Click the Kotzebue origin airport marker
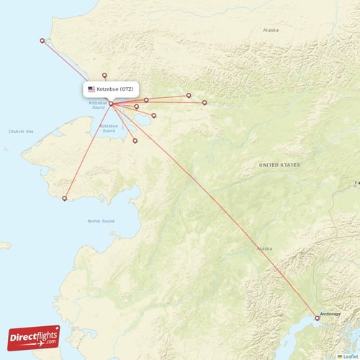(x=111, y=104)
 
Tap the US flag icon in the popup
(x=91, y=89)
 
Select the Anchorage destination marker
(x=318, y=317)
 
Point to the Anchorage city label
(x=330, y=315)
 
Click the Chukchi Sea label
(x=21, y=132)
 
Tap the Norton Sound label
(x=100, y=221)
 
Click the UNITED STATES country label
(x=279, y=165)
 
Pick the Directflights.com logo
(x=34, y=336)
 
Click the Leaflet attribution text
(x=350, y=356)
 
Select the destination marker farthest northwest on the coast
(x=42, y=40)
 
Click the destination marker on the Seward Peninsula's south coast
(x=65, y=199)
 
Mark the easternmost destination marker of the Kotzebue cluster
(x=204, y=102)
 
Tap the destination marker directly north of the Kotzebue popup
(x=104, y=75)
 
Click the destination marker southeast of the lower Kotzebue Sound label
(x=135, y=140)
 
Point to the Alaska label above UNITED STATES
(x=270, y=30)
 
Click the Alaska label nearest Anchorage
(x=264, y=248)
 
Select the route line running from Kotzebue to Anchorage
(x=216, y=212)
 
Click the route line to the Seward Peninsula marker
(x=88, y=151)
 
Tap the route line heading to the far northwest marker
(x=76, y=72)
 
